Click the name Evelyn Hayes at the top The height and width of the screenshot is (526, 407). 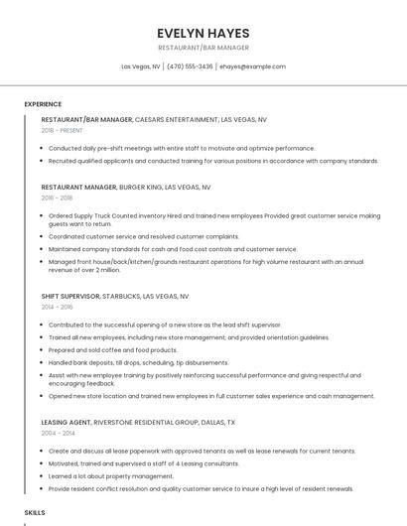click(203, 33)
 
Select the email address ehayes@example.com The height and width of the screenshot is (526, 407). click(252, 66)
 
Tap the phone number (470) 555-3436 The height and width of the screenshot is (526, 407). click(190, 66)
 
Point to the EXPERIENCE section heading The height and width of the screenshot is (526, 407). click(43, 104)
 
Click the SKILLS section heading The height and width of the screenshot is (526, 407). click(35, 512)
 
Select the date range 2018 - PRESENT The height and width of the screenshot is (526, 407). click(62, 130)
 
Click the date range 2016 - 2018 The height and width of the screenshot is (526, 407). click(57, 197)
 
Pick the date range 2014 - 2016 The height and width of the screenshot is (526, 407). click(57, 308)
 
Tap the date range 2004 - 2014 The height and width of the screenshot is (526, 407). click(58, 433)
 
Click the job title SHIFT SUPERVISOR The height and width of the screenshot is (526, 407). click(69, 296)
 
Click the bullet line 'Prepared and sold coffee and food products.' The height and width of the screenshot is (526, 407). click(113, 350)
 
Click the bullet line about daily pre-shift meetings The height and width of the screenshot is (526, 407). click(168, 148)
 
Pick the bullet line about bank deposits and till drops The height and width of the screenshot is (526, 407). click(138, 363)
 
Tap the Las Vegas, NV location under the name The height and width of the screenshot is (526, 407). click(141, 66)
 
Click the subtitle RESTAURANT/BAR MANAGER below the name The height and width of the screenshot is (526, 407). click(203, 48)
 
